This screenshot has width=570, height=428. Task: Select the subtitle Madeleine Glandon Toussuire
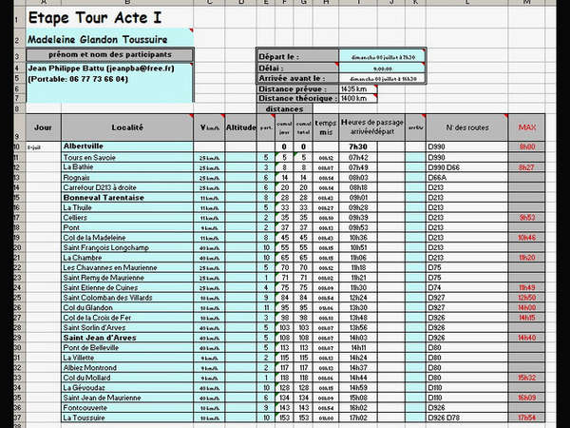98,40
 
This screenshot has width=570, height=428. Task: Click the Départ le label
279,57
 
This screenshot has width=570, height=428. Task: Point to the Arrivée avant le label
292,78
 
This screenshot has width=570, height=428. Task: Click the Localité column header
126,126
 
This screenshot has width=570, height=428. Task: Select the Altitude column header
241,126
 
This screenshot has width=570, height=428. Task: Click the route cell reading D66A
438,177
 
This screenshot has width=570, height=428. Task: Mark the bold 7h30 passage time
358,146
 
